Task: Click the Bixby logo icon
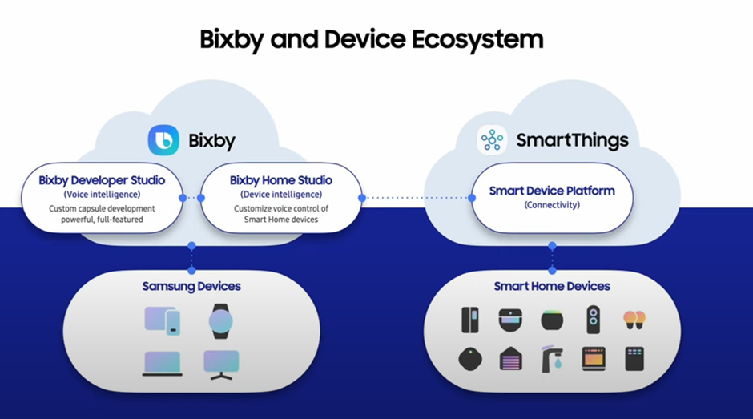point(163,140)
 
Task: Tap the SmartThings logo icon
point(492,140)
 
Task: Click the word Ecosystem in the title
point(479,38)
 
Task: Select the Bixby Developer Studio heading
point(102,180)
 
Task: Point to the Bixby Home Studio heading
point(281,180)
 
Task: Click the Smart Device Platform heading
point(552,191)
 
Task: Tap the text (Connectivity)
point(552,205)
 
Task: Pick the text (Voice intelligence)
point(102,194)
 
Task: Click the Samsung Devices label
point(191,286)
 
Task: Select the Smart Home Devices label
point(552,286)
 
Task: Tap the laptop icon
point(162,364)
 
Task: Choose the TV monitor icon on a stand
point(221,364)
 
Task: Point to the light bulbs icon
point(634,320)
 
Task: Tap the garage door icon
point(511,358)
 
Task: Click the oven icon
point(594,358)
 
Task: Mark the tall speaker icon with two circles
point(594,320)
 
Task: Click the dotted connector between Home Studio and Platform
point(417,197)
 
